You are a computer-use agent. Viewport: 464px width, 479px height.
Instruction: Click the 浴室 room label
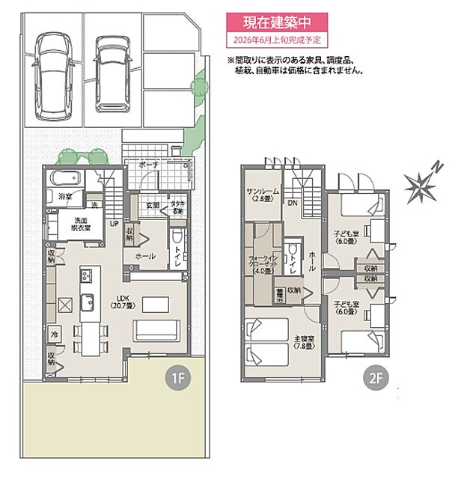tap(66, 197)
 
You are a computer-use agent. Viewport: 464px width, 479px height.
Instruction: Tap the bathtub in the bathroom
tap(65, 180)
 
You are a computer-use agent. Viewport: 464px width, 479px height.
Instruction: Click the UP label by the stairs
tap(115, 223)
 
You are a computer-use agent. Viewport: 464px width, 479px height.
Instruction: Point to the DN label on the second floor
tap(294, 203)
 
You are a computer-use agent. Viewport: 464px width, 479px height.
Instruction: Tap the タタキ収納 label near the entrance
tap(177, 207)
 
